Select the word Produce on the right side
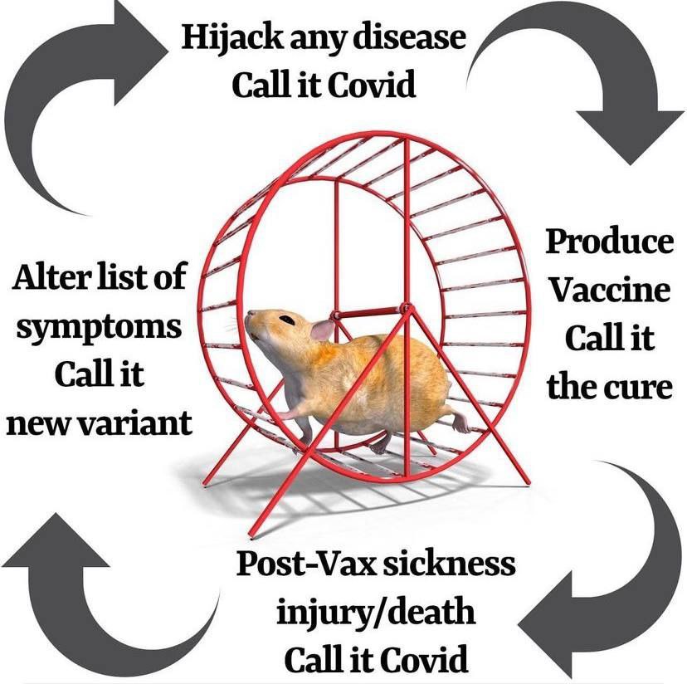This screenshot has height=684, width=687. pos(610,242)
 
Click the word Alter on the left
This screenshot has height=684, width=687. pos(50,276)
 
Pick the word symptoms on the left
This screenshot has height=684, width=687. pos(97,326)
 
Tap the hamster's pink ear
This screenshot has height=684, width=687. pos(322,330)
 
